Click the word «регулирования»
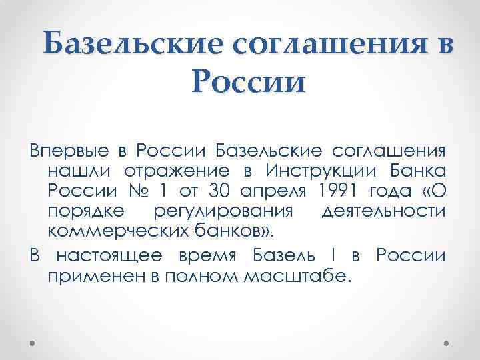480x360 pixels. coord(223,213)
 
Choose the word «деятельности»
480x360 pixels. coord(383,212)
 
